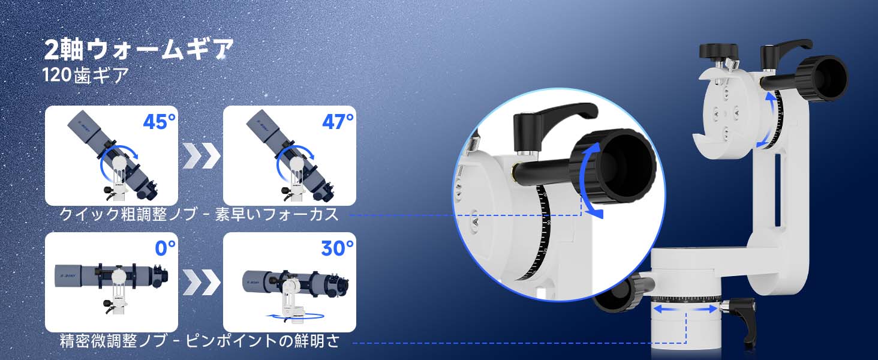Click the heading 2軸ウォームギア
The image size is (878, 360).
click(139, 49)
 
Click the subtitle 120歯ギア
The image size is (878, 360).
click(85, 75)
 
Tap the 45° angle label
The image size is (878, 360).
click(159, 122)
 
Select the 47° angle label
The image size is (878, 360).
click(338, 122)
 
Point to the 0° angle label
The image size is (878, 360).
click(165, 248)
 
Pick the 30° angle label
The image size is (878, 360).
click(337, 248)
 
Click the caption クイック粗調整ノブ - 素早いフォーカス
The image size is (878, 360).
click(199, 215)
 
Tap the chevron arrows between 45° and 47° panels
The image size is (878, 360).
click(201, 155)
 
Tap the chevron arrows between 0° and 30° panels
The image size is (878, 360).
click(201, 282)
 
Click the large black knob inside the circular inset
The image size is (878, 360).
click(614, 167)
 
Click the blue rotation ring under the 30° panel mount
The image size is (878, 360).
click(294, 316)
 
